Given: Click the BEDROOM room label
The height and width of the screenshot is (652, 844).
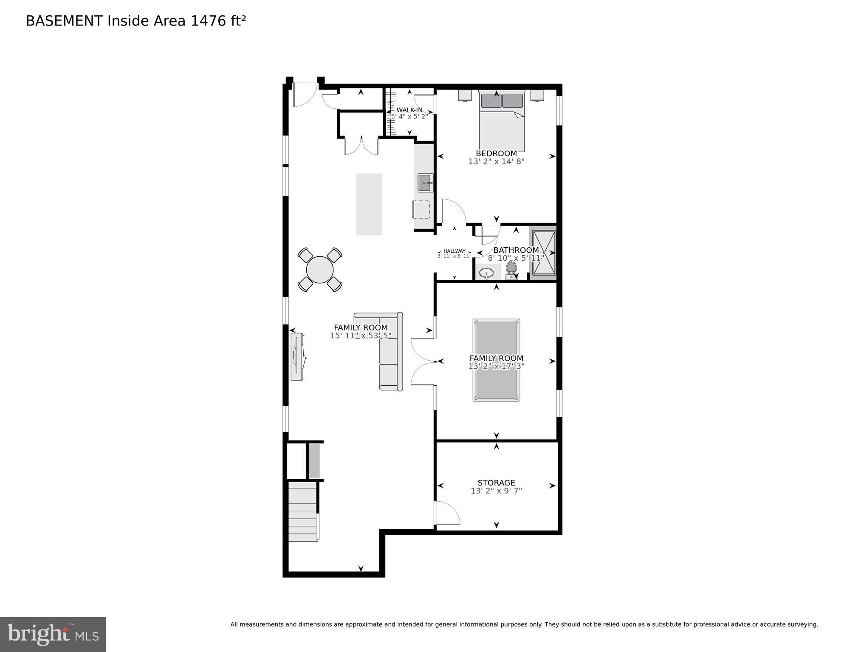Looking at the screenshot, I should (x=496, y=153).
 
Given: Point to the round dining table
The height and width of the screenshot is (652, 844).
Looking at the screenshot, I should (x=320, y=270).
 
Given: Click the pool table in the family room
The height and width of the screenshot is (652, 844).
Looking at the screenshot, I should (x=496, y=360).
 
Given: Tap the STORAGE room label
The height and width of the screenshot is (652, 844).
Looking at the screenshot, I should (x=496, y=483).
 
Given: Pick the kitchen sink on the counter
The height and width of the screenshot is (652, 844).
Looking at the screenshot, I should (x=425, y=183).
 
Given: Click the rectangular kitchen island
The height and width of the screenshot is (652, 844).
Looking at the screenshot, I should (x=369, y=204).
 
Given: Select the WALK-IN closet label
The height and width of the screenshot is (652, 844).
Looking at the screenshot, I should (x=409, y=110).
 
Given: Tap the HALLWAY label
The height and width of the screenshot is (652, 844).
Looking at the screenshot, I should (x=454, y=251).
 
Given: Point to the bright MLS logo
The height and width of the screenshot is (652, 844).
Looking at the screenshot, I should (x=53, y=634).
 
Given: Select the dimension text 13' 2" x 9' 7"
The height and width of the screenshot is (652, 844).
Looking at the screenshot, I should (x=496, y=491).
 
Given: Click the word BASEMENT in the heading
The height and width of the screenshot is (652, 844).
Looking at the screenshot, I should (x=64, y=21).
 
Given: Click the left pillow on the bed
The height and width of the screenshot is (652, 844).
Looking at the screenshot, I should (x=491, y=101).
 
